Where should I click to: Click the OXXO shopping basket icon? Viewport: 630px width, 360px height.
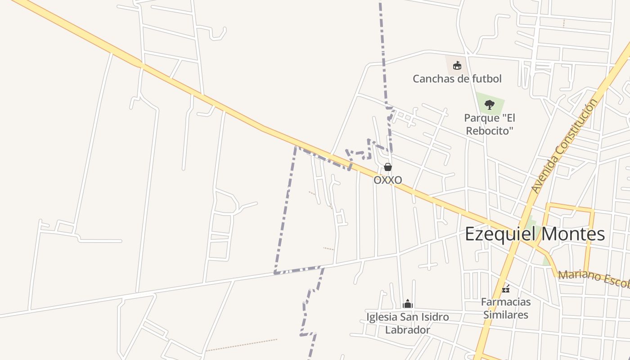pos(388,167)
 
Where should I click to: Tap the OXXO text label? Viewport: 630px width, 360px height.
pos(388,180)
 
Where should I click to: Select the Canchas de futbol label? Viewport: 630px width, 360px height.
pos(457,79)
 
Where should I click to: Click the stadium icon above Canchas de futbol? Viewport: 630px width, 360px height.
pos(457,66)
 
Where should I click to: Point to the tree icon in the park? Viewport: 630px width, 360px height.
pos(490,105)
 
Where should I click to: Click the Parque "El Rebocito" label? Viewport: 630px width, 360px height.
pos(490,124)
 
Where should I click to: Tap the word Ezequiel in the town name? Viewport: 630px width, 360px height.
pos(499,234)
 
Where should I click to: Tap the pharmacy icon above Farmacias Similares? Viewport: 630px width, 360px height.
pos(506,288)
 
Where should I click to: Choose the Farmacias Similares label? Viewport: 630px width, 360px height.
pos(506,308)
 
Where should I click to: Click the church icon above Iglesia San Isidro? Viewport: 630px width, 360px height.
pos(408,303)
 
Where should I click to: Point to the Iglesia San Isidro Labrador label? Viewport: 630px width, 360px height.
pos(408,323)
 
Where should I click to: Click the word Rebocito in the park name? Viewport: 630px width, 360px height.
pos(490,131)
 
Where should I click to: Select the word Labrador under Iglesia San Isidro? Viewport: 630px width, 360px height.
pos(408,330)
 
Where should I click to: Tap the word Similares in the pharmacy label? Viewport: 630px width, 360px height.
pos(506,315)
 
